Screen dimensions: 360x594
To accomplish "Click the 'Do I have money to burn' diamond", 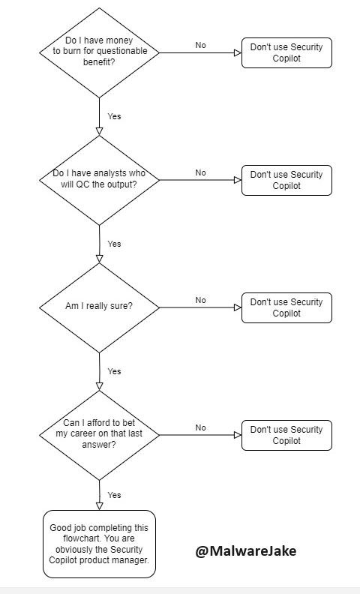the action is point(99,52).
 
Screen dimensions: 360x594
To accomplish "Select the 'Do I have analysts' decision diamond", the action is point(99,180).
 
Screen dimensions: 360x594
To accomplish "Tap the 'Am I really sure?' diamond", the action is point(99,307).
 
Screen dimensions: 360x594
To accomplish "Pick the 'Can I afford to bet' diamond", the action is point(99,435).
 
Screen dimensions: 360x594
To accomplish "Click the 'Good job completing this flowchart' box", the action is point(99,544).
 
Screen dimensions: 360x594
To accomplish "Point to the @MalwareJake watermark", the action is point(246,550).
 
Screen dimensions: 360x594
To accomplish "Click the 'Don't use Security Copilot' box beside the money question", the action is point(286,52).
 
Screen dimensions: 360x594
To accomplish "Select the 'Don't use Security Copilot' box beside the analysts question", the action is point(286,180).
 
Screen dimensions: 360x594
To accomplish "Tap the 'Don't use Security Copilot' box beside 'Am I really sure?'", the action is point(286,307).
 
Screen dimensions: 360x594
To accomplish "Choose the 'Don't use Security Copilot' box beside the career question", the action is point(286,435).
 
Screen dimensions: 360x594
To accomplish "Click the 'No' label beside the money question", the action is point(200,45).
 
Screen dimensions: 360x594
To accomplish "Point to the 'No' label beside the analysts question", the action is point(200,172).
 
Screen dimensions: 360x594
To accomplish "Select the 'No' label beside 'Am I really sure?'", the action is point(200,300).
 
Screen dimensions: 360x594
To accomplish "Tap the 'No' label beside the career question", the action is point(200,427).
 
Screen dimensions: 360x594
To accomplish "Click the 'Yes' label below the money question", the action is point(114,116).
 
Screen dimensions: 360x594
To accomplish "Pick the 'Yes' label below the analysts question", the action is point(114,244).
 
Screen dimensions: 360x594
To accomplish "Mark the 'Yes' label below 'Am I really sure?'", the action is point(114,371).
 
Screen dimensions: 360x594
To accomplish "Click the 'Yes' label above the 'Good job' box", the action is point(114,495).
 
